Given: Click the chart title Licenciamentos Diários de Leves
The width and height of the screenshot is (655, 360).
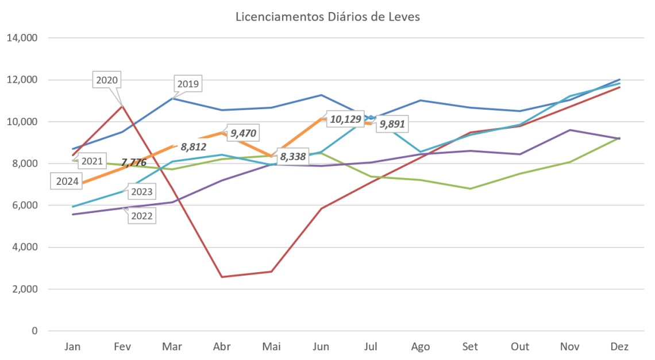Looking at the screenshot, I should (x=328, y=17).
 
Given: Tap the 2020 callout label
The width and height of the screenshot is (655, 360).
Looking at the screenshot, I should (x=107, y=80).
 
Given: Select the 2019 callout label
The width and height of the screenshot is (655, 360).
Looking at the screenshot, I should (x=188, y=84).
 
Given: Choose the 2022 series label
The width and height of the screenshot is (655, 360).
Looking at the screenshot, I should (x=142, y=216).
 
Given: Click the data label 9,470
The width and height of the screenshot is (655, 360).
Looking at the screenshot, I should (x=243, y=133).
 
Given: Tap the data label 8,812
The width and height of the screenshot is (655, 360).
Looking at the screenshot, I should (x=193, y=146).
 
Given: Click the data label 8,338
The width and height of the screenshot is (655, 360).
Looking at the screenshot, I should (x=293, y=156).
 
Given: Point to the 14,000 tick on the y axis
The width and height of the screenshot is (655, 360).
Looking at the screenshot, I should (x=23, y=38).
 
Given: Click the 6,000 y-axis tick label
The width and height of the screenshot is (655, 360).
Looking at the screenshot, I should (x=25, y=206).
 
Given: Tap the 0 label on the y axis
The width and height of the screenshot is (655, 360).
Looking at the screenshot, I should (x=34, y=331).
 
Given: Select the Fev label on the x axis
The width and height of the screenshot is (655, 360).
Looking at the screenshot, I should (x=122, y=347).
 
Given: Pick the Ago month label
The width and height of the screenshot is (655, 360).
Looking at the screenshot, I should (x=421, y=347).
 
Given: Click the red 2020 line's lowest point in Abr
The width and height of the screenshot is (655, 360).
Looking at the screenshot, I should (x=222, y=277).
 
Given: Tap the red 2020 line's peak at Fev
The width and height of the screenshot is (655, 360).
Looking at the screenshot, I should (x=122, y=106).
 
